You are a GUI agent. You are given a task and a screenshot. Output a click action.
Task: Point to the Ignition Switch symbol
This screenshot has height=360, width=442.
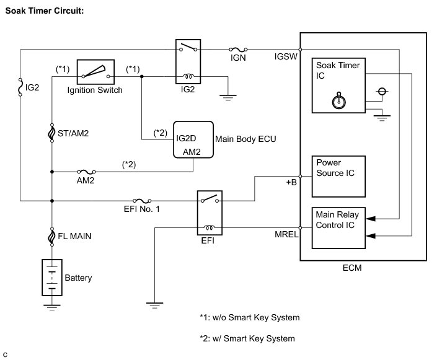click(x=95, y=72)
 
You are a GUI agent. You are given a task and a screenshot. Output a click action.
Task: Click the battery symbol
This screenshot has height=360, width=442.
click(x=52, y=277)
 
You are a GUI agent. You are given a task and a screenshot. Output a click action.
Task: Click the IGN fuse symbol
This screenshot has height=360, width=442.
click(x=238, y=50)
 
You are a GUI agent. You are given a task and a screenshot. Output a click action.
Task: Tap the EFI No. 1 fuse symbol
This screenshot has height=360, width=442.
click(x=142, y=201)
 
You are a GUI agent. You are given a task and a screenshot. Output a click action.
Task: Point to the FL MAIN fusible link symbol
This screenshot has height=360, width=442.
click(x=52, y=237)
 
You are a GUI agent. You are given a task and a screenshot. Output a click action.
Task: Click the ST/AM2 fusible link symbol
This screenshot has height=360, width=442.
click(x=52, y=133)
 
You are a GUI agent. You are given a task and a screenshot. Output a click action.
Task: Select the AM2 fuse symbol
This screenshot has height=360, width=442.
click(x=86, y=172)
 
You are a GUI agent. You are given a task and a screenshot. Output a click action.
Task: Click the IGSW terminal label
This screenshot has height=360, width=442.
click(x=286, y=56)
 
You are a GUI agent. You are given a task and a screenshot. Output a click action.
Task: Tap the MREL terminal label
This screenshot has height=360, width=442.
click(x=286, y=234)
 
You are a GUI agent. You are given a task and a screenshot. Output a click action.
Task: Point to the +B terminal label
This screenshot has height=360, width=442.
click(x=291, y=183)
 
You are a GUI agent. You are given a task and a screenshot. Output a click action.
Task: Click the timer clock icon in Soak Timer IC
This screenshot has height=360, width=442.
click(x=339, y=100)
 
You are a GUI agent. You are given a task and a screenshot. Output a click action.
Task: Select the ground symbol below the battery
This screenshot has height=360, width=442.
click(x=52, y=307)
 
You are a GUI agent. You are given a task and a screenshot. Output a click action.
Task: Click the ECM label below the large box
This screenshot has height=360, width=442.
click(x=352, y=268)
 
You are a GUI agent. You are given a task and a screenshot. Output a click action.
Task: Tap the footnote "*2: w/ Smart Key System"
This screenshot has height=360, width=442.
click(x=247, y=338)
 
